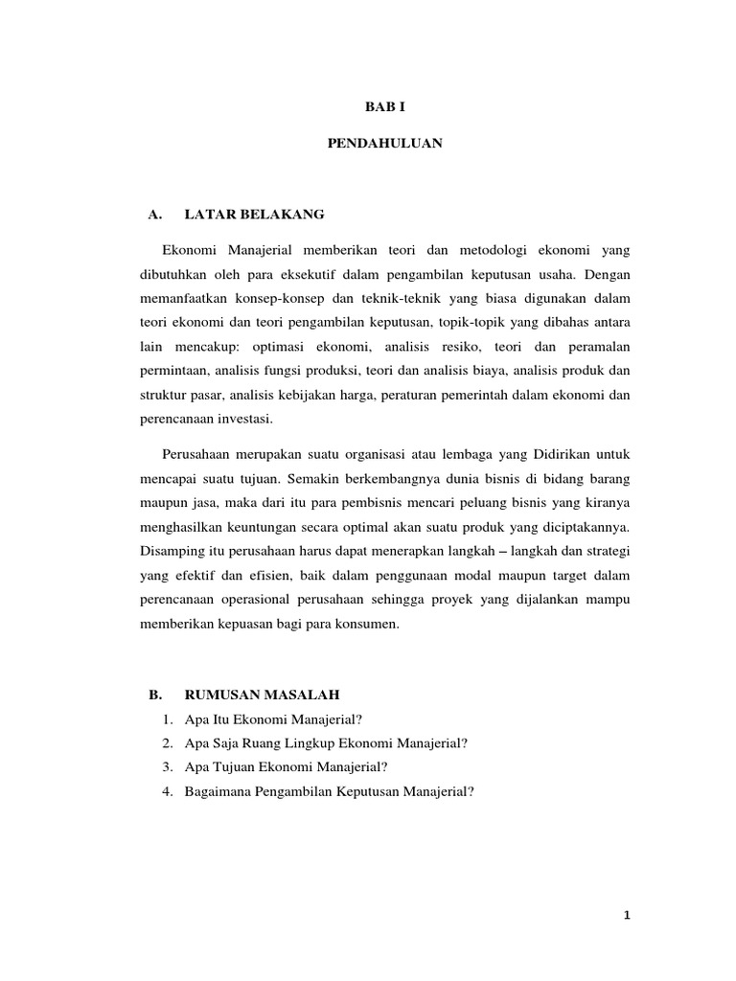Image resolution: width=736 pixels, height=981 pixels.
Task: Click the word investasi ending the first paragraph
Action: pos(248,420)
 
